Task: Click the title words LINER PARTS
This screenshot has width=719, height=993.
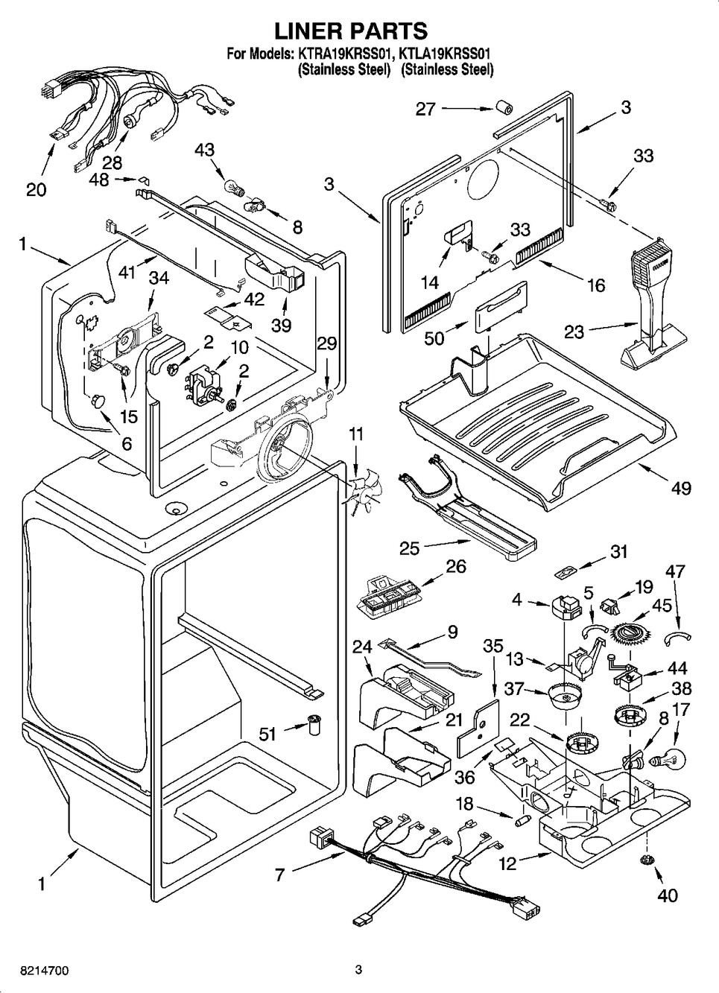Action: [352, 31]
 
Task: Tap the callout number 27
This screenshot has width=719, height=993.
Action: [425, 109]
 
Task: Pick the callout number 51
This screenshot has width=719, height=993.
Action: [267, 734]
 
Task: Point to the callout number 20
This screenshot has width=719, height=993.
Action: [36, 189]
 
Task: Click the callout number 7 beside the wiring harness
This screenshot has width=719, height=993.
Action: [279, 875]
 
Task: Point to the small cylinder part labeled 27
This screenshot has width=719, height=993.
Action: [504, 109]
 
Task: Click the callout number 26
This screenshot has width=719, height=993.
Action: [455, 567]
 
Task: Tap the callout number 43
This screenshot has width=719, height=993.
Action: [204, 150]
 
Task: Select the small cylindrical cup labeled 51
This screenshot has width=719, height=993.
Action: [315, 723]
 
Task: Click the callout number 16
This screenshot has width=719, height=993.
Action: [595, 285]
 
